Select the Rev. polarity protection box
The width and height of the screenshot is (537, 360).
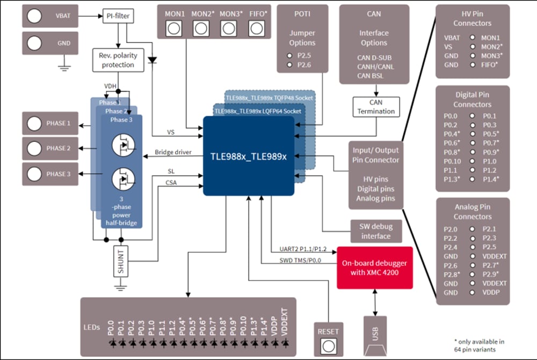point(118,60)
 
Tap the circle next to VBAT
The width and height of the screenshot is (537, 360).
point(34,16)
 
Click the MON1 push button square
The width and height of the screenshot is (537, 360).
point(173,28)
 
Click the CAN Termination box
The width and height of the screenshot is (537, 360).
point(376,107)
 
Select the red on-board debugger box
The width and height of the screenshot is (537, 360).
point(374,268)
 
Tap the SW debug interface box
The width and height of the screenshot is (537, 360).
point(376,231)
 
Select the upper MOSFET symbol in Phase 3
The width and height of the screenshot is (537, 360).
point(123,146)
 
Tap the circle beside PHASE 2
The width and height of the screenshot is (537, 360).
point(34,148)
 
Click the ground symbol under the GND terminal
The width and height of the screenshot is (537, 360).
point(64,66)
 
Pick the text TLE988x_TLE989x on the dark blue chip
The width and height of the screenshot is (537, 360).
point(248,156)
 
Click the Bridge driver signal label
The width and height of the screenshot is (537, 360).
point(173,153)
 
